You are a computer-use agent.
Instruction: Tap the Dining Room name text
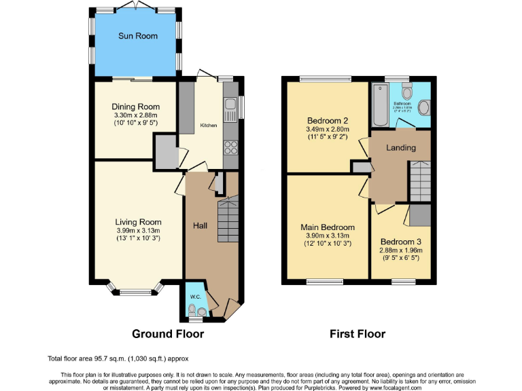(136, 107)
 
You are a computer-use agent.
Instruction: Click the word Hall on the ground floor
(201, 225)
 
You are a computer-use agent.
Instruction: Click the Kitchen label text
(208, 126)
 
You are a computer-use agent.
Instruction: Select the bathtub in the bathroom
(379, 105)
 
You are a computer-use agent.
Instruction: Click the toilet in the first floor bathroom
(407, 90)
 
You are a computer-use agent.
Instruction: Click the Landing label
(401, 148)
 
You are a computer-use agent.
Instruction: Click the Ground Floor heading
(167, 334)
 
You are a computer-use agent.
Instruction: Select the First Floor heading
(358, 334)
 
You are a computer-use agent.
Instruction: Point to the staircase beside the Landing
(419, 181)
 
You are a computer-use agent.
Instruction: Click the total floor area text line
(118, 358)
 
